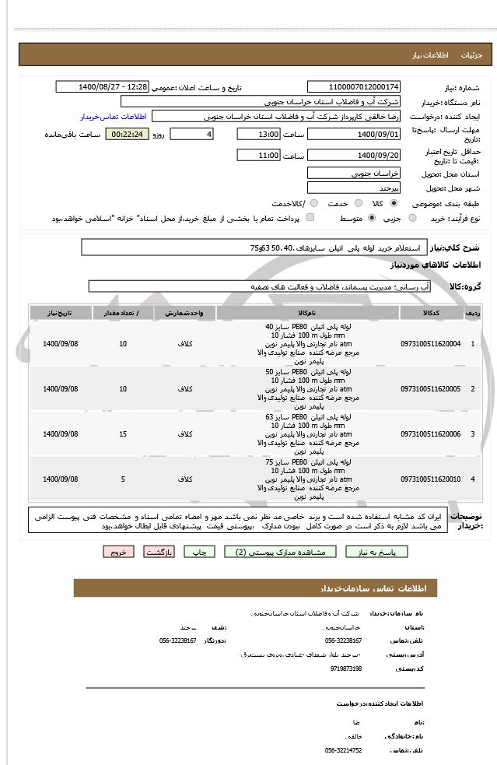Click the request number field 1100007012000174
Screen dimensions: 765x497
[354, 86]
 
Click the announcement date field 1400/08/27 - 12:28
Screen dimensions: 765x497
[114, 86]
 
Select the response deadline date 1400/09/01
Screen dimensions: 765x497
[354, 134]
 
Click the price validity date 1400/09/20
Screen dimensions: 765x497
[354, 156]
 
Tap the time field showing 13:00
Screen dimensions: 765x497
[258, 134]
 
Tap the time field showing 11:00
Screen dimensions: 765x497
[258, 156]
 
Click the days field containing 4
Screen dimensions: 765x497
[191, 134]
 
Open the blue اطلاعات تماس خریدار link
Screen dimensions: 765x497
[114, 116]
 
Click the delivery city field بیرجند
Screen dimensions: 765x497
[354, 188]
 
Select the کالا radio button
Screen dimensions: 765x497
[394, 203]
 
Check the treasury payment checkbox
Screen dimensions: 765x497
[311, 218]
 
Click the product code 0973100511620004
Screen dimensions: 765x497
[430, 343]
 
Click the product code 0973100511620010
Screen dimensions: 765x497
[430, 479]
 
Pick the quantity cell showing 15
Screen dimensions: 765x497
[123, 433]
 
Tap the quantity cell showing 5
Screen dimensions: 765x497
[123, 479]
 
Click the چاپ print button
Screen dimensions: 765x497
[201, 552]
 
